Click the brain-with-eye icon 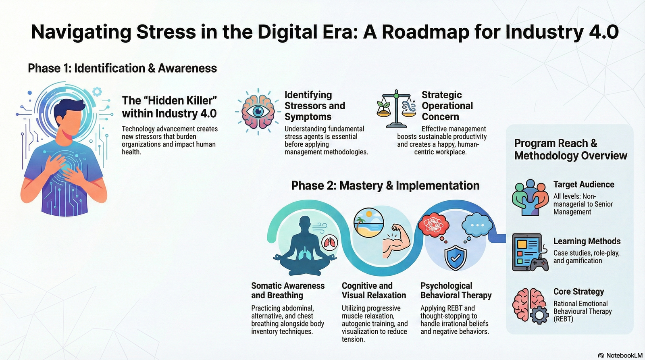[x=258, y=112]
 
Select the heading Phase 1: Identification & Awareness [x=122, y=68]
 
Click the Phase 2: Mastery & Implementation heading [x=385, y=185]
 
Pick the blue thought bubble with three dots [x=477, y=225]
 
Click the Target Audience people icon [x=530, y=198]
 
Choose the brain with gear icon [x=530, y=306]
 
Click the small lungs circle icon [x=330, y=243]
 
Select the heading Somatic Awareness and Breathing [x=287, y=290]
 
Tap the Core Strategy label [x=578, y=291]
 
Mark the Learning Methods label [x=587, y=241]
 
